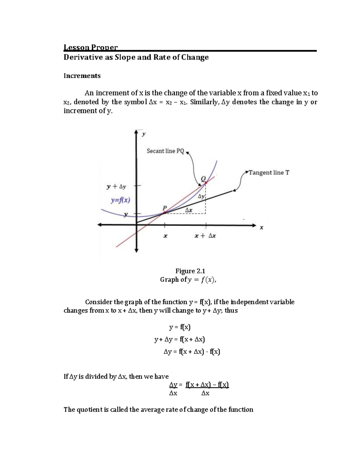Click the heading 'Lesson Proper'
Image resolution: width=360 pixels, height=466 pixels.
(91, 47)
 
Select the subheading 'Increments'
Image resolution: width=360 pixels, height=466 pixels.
(82, 76)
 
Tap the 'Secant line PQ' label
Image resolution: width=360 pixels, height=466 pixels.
(165, 151)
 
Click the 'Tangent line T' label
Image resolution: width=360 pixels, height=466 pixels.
(269, 173)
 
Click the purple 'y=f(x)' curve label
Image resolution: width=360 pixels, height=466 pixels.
(120, 200)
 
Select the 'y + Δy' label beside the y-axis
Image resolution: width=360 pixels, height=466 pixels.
(116, 186)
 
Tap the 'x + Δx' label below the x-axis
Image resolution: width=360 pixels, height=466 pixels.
(205, 236)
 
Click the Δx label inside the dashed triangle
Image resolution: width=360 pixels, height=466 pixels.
(188, 210)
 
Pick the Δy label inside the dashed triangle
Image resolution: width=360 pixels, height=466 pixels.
(201, 197)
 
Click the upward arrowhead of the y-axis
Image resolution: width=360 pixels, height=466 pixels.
(136, 132)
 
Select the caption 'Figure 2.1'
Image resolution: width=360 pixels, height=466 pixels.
(190, 271)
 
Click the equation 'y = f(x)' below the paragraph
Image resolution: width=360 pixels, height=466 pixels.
(180, 327)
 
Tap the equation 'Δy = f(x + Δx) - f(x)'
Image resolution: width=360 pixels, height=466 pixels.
(192, 351)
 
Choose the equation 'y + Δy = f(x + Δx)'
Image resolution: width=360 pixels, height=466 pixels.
(179, 339)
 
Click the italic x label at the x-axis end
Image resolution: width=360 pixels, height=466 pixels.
(261, 228)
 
